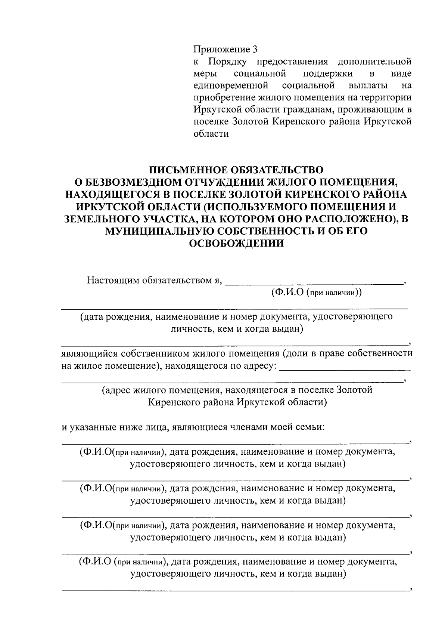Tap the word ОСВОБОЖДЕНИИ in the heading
coord(237,244)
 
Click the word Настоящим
coord(113,280)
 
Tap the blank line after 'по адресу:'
coord(345,369)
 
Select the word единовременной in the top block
coord(231,86)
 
